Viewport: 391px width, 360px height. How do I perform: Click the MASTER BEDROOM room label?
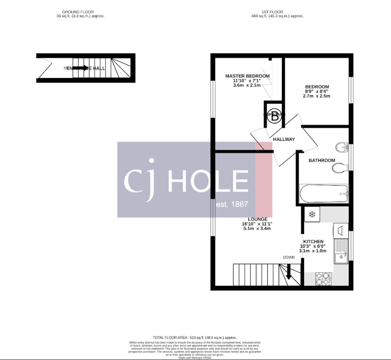[247, 76]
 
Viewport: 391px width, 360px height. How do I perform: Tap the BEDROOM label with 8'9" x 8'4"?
[317, 86]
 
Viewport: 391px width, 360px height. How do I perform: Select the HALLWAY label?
[284, 139]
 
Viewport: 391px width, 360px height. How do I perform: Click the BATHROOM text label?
[322, 160]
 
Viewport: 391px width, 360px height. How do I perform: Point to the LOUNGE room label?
[257, 219]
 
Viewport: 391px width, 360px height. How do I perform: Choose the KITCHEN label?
[313, 242]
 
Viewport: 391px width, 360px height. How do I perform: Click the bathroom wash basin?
[342, 147]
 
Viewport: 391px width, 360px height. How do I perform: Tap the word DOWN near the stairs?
[289, 257]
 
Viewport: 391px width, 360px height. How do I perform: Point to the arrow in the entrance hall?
[80, 68]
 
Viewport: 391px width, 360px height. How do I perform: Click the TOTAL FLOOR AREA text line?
[195, 338]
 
